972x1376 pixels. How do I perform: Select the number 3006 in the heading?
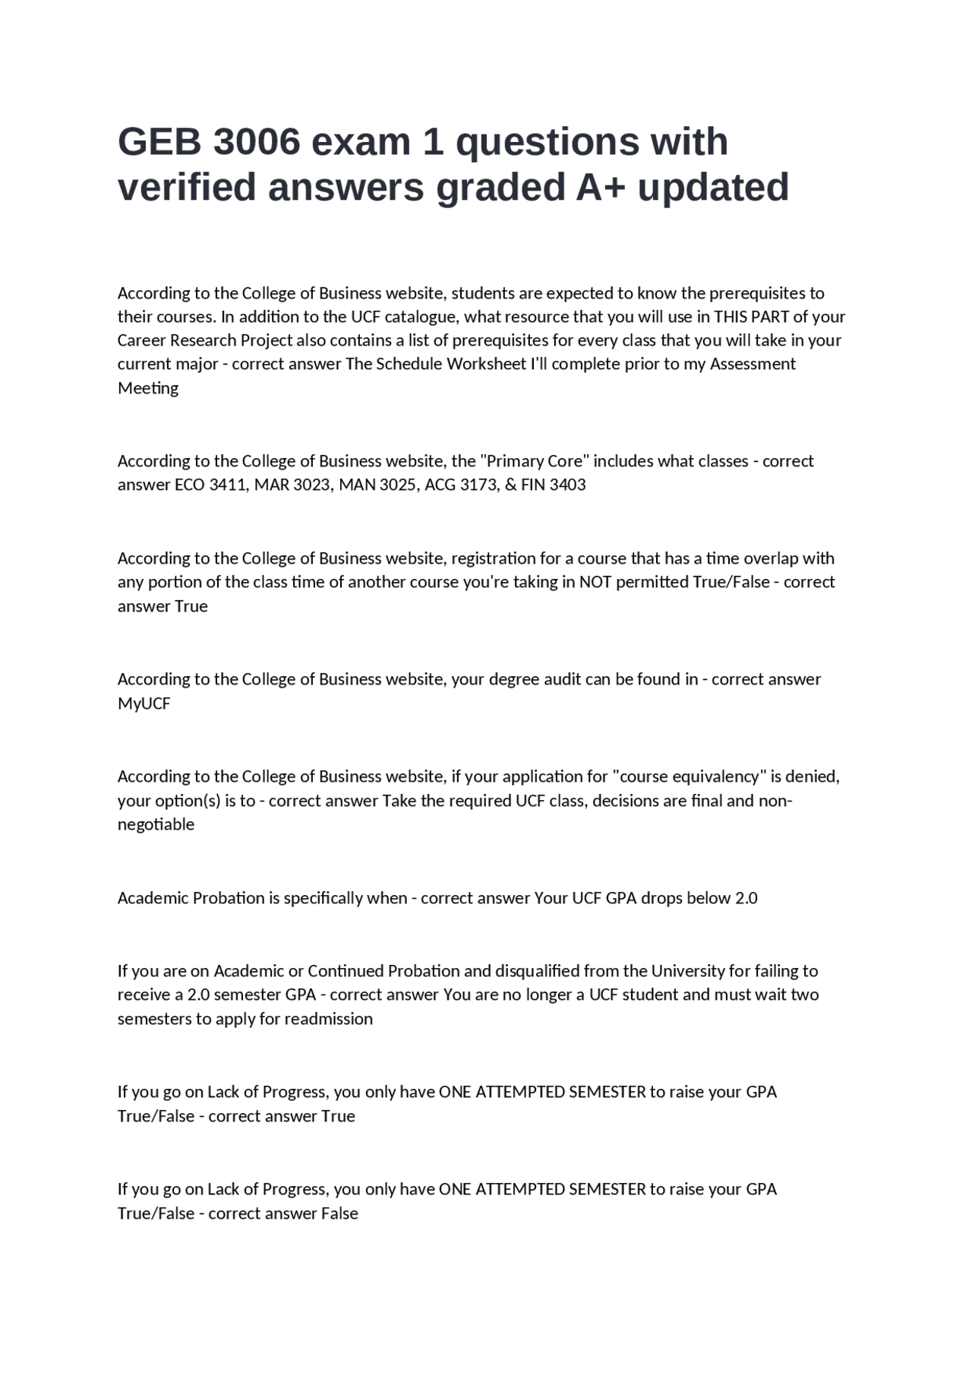pyautogui.click(x=257, y=142)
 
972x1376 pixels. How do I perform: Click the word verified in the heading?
pyautogui.click(x=187, y=187)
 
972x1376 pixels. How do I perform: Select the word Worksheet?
pyautogui.click(x=486, y=364)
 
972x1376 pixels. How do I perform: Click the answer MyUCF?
pyautogui.click(x=144, y=704)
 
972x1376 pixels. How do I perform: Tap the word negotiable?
pyautogui.click(x=156, y=824)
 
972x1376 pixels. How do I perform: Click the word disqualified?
pyautogui.click(x=545, y=971)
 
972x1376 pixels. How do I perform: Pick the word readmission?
pyautogui.click(x=328, y=1019)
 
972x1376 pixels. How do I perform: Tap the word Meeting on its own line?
pyautogui.click(x=148, y=388)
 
